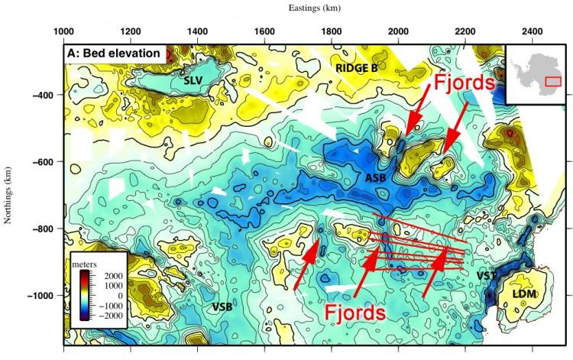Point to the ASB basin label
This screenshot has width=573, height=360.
click(x=376, y=178)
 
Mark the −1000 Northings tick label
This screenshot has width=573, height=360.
click(x=40, y=296)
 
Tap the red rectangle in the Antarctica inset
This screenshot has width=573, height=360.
click(x=553, y=79)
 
